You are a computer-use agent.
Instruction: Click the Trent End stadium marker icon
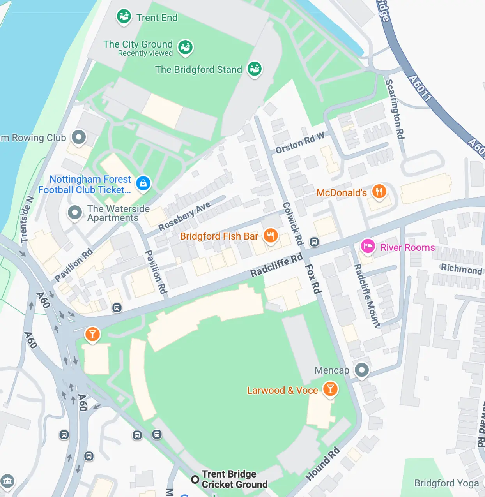[x=124, y=17]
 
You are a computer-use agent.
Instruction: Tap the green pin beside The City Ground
[x=185, y=47]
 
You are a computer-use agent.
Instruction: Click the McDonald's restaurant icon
[x=379, y=192]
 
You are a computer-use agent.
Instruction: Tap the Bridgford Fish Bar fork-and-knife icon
[x=271, y=236]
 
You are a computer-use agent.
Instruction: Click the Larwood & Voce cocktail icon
[x=330, y=389]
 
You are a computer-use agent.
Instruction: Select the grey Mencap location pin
[x=361, y=370]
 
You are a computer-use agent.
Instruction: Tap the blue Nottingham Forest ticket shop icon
[x=143, y=183]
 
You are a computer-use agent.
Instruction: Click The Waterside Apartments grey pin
[x=75, y=213]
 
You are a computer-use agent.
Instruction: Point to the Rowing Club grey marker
[x=79, y=137]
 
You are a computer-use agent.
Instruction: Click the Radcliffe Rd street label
[x=276, y=265]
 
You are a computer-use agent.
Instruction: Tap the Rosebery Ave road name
[x=184, y=216]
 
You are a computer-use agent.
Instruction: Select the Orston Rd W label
[x=300, y=143]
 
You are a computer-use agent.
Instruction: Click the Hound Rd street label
[x=322, y=464]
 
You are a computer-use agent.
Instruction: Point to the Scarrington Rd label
[x=395, y=109]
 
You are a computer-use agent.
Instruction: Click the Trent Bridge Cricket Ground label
[x=234, y=479]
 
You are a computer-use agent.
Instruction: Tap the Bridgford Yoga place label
[x=446, y=483]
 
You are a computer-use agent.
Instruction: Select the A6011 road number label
[x=420, y=88]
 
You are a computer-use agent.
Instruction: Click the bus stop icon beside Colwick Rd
[x=314, y=242]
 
